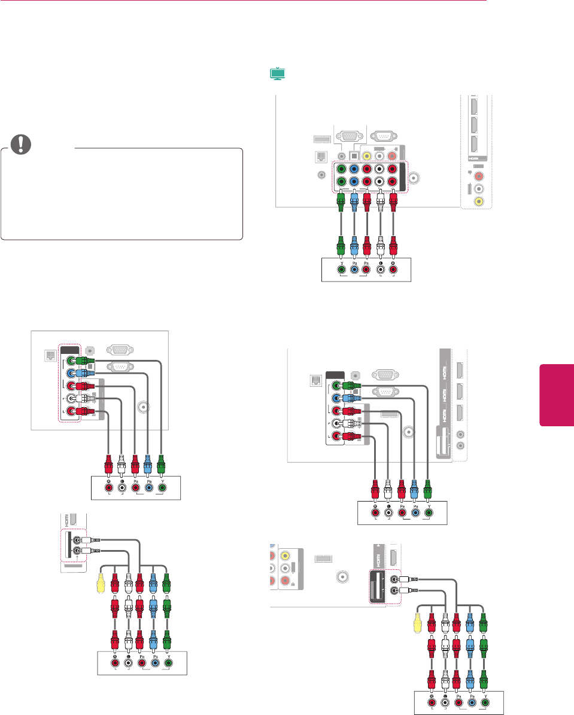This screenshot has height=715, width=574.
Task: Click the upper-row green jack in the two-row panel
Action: [340, 168]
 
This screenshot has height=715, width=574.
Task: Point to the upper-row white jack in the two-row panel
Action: [381, 168]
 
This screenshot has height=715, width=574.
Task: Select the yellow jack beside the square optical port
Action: [368, 154]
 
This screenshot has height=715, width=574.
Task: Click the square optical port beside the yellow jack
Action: [354, 154]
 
